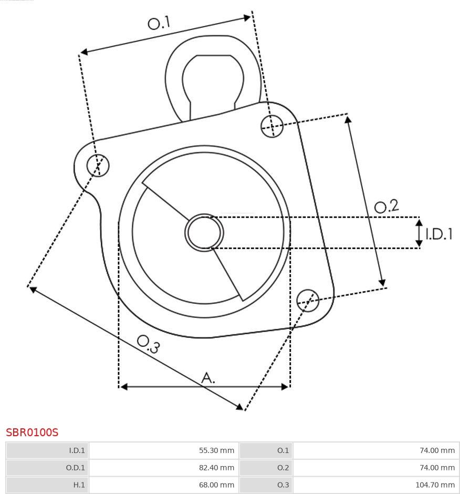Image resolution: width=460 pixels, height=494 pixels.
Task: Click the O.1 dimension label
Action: (x=159, y=23)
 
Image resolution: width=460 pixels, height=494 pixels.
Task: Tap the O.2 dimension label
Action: (x=386, y=206)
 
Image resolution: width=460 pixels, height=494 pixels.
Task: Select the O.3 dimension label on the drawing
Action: (x=148, y=344)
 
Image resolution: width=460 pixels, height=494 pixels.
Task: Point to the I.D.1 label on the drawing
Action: (x=439, y=234)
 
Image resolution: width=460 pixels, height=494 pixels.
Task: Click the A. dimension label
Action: (x=208, y=377)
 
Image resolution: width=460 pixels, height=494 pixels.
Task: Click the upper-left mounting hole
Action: (x=98, y=166)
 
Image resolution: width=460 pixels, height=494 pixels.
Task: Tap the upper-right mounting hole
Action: (x=273, y=126)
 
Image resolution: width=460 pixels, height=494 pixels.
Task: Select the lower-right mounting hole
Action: (x=308, y=301)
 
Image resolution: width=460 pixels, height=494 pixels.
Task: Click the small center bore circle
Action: (x=204, y=232)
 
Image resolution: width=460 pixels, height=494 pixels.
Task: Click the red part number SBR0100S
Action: (x=32, y=432)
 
